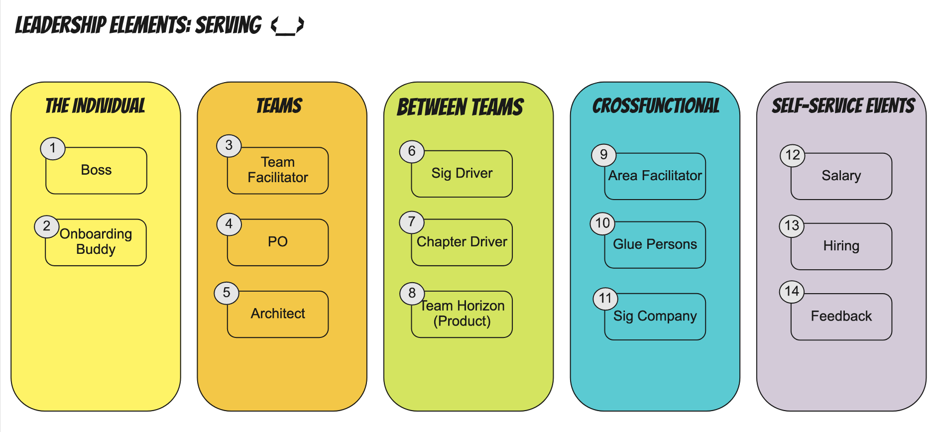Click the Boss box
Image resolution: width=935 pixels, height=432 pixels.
point(96,171)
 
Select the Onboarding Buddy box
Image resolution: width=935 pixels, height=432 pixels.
point(96,242)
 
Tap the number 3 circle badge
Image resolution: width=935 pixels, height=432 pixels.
point(229,145)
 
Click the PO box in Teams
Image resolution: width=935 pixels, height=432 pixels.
point(278,242)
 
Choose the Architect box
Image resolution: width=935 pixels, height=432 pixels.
point(278,314)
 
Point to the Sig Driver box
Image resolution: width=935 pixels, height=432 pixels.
point(462,174)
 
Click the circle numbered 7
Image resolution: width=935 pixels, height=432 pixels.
point(411,222)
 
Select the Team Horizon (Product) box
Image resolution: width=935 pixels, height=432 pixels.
point(462,314)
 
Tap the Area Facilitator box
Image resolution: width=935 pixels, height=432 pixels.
point(655,176)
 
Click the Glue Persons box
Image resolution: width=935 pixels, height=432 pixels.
point(655,245)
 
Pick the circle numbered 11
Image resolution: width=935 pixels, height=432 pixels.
point(605,299)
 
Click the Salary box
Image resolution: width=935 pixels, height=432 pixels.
point(841,176)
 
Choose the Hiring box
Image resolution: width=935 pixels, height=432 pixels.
point(841,246)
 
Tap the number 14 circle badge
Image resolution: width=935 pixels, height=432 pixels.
point(792,291)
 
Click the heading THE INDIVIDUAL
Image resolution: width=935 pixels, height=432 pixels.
point(95,106)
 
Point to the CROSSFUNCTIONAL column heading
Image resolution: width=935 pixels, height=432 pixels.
point(656,106)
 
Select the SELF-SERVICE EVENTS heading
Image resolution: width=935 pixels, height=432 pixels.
point(843,106)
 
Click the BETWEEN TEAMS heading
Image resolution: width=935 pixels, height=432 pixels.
point(460,107)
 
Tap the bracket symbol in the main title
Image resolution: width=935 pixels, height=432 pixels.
point(287,25)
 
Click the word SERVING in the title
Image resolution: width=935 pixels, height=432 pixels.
point(228,25)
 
